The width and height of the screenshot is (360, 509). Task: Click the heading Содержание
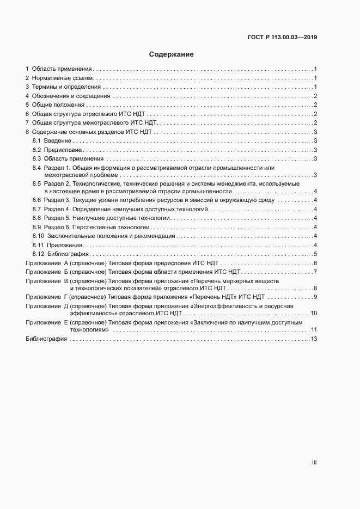coord(171,55)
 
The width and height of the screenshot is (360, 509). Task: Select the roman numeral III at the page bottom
coord(314,463)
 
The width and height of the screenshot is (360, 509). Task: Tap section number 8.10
coord(38,236)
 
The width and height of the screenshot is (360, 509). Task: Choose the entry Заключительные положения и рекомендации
coord(111,236)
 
